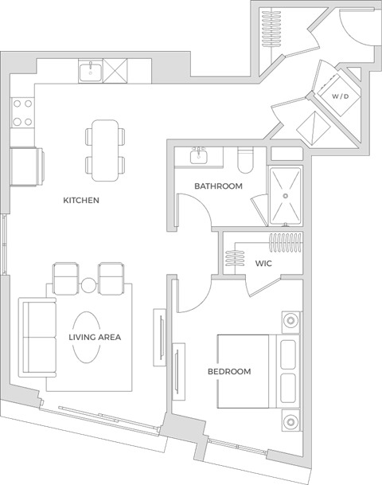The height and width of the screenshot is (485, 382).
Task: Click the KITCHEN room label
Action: point(81,201)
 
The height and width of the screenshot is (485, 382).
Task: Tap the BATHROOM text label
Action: point(218,186)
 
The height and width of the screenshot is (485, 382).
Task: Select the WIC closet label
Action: point(265,263)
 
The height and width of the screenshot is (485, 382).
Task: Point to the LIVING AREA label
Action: point(94,337)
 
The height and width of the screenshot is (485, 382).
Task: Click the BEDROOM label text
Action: point(229,371)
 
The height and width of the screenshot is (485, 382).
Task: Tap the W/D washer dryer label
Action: point(341,97)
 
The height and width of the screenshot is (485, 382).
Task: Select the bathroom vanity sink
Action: point(198,154)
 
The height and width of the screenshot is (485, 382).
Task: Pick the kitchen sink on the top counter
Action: point(92,73)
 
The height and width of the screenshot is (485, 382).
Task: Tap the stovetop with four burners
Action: point(21,113)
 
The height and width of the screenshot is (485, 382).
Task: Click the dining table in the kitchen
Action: point(105,149)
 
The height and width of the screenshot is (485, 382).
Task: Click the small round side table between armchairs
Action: point(88,286)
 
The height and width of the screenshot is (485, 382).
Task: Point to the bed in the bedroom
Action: point(247,371)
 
